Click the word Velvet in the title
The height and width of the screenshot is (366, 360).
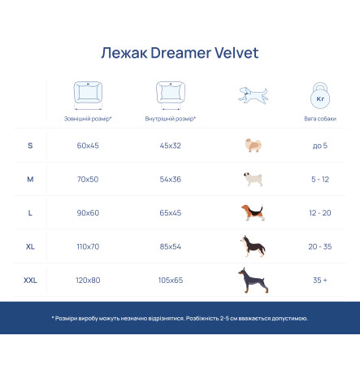[x=236, y=53]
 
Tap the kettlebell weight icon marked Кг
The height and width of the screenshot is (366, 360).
[x=320, y=96]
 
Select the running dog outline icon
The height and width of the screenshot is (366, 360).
[x=253, y=95]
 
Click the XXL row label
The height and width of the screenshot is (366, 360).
[x=30, y=281]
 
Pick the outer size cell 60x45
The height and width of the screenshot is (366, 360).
[x=88, y=146]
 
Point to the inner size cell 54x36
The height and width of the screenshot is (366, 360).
[x=171, y=179]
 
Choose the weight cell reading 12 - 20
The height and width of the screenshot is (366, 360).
[x=320, y=213]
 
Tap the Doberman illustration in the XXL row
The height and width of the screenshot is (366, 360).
[x=254, y=281]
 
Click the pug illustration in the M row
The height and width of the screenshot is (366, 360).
[x=253, y=179]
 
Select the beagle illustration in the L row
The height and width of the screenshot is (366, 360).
[x=253, y=213]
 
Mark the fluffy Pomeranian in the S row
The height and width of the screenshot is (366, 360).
[x=254, y=146]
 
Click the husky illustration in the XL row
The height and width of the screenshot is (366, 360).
[x=253, y=246]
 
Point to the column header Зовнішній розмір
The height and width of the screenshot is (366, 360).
[x=87, y=119]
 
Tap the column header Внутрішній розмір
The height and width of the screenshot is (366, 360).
[x=170, y=119]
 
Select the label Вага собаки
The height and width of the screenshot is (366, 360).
[x=320, y=119]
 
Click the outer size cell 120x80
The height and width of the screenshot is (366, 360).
[x=88, y=281]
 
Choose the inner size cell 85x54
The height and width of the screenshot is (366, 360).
[x=171, y=246]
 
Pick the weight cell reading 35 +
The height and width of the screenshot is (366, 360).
[x=320, y=281]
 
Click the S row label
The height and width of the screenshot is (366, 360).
[x=30, y=146]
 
